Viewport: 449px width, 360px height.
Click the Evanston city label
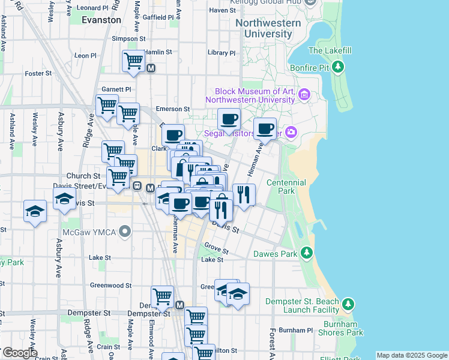[101, 20]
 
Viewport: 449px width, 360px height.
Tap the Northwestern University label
[268, 28]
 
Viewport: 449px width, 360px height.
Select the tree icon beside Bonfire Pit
[339, 66]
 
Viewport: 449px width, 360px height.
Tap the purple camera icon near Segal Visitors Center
[292, 132]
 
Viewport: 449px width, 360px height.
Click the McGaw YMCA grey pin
[125, 231]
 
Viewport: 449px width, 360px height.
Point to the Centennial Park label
[286, 187]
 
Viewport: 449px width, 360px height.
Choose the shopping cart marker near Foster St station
[133, 61]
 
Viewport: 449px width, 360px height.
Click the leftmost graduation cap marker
[35, 212]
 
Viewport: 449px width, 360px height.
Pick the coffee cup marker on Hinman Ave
[265, 127]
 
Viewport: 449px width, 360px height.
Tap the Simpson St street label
[125, 38]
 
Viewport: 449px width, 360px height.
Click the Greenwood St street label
[111, 286]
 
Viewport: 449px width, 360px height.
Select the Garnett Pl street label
[116, 89]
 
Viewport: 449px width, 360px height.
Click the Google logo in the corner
[19, 353]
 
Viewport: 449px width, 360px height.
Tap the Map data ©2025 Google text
[411, 355]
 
